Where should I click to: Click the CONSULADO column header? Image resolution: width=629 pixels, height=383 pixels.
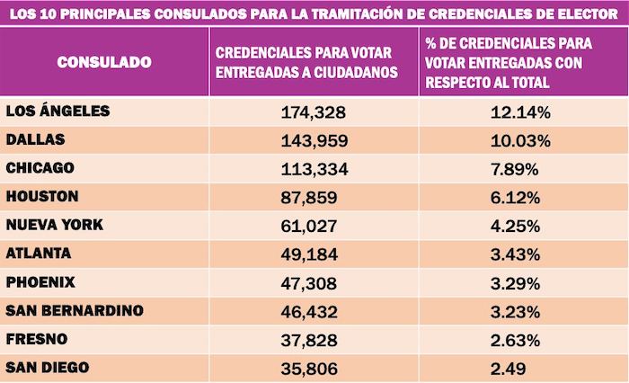(x=104, y=62)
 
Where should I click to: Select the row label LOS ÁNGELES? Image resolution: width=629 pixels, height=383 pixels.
(x=58, y=111)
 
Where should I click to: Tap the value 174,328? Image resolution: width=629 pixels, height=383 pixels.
(x=314, y=112)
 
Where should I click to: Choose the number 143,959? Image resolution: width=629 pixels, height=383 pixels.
(x=314, y=141)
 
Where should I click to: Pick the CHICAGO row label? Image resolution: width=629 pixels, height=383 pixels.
(x=39, y=168)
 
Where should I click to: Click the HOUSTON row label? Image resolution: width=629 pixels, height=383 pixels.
(x=41, y=196)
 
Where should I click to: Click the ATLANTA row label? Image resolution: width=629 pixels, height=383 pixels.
(x=38, y=254)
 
